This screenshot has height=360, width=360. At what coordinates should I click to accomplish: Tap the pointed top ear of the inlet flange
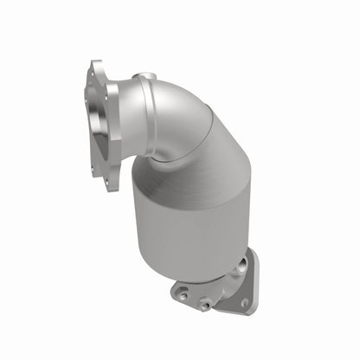point(93,65)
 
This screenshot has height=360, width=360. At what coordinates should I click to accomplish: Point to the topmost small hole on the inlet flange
point(93,71)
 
